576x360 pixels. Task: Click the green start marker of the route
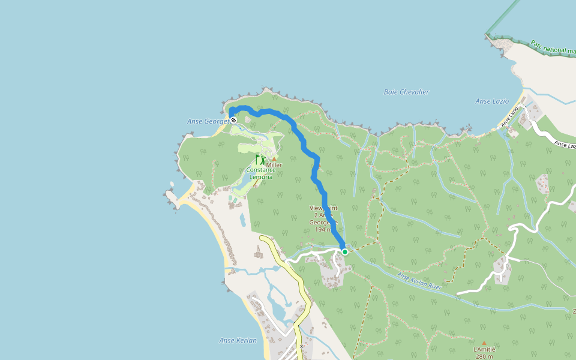coord(345,252)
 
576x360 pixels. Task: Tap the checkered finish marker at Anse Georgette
coord(233,120)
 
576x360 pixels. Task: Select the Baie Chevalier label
coord(406,92)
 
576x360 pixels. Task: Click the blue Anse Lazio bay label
coord(492,101)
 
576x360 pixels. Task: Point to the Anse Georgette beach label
coord(208,121)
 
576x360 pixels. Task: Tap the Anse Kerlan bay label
coord(238,341)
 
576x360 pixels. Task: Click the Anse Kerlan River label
coord(419,281)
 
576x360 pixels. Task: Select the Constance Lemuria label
coord(261,173)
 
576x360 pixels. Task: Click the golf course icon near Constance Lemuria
coord(260,160)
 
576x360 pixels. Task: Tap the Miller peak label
coord(274,165)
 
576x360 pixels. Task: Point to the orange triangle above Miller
coord(274,158)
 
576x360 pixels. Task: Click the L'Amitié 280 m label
coord(484,353)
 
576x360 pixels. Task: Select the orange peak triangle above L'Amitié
coord(484,343)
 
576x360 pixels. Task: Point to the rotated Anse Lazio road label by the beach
coord(509,119)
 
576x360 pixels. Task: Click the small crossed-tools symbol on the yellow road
coord(301,346)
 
